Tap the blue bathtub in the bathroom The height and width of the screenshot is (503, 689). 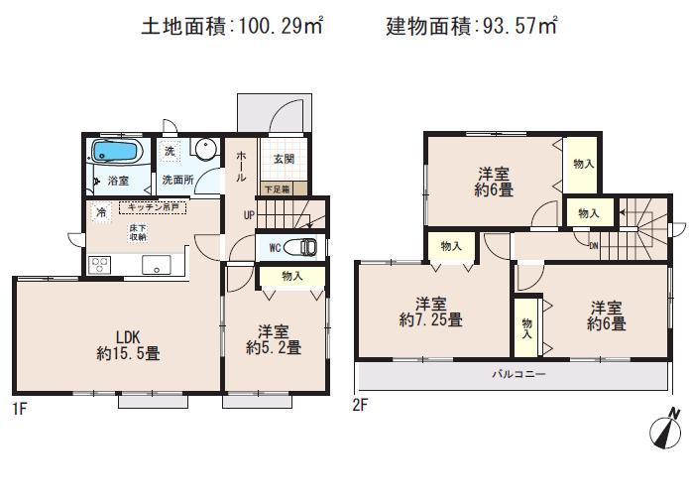(117, 154)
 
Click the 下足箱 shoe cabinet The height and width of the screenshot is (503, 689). (277, 188)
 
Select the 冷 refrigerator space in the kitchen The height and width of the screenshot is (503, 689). (101, 212)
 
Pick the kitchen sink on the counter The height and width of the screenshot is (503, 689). (156, 265)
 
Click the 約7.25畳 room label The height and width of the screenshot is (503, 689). (428, 312)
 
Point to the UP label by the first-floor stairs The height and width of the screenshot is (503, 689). (249, 215)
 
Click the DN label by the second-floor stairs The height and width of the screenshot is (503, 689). (593, 245)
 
